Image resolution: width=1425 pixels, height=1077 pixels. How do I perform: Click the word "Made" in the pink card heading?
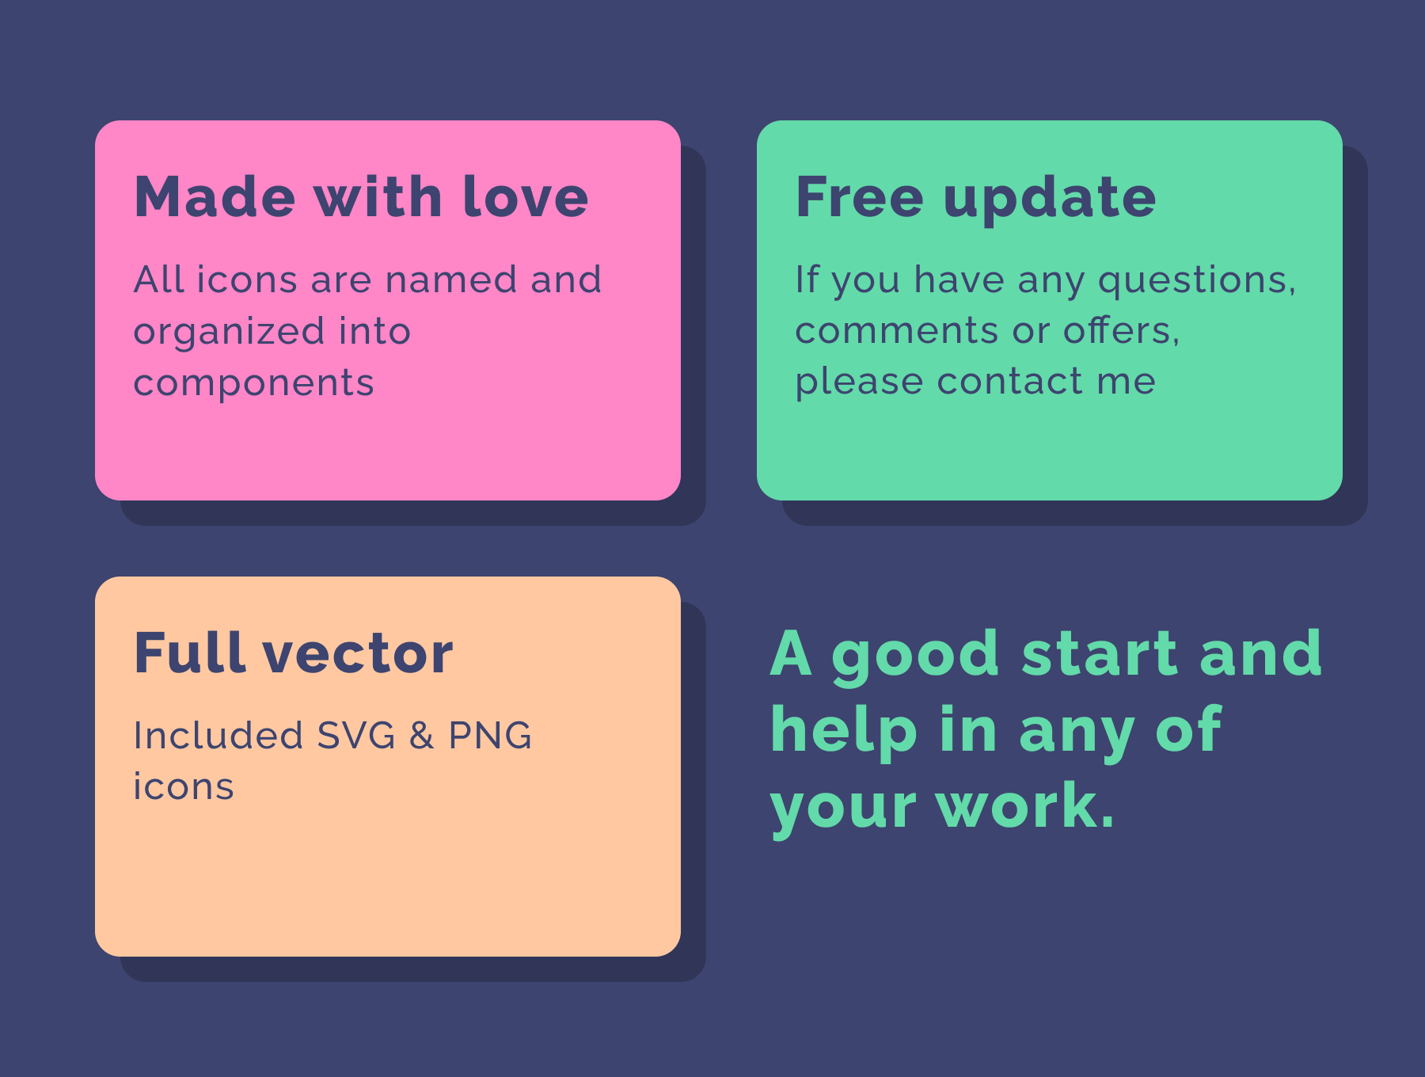(x=215, y=196)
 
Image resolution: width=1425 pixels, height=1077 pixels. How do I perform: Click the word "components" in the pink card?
(x=253, y=384)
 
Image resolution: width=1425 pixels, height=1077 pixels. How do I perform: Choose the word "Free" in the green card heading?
(x=860, y=196)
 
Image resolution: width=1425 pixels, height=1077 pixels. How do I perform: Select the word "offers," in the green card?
(x=1121, y=330)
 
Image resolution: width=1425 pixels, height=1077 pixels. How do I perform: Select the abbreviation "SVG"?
(x=356, y=736)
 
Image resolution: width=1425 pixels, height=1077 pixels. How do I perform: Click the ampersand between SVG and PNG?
(x=421, y=736)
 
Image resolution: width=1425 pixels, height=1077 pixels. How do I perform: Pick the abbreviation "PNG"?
(x=490, y=736)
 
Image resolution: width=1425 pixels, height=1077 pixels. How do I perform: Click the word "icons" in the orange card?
(x=184, y=786)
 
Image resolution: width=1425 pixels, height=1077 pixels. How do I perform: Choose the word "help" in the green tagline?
(x=844, y=731)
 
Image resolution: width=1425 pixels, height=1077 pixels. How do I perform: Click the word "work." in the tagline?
(x=1024, y=805)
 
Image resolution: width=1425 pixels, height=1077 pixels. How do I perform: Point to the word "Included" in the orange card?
(x=218, y=736)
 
